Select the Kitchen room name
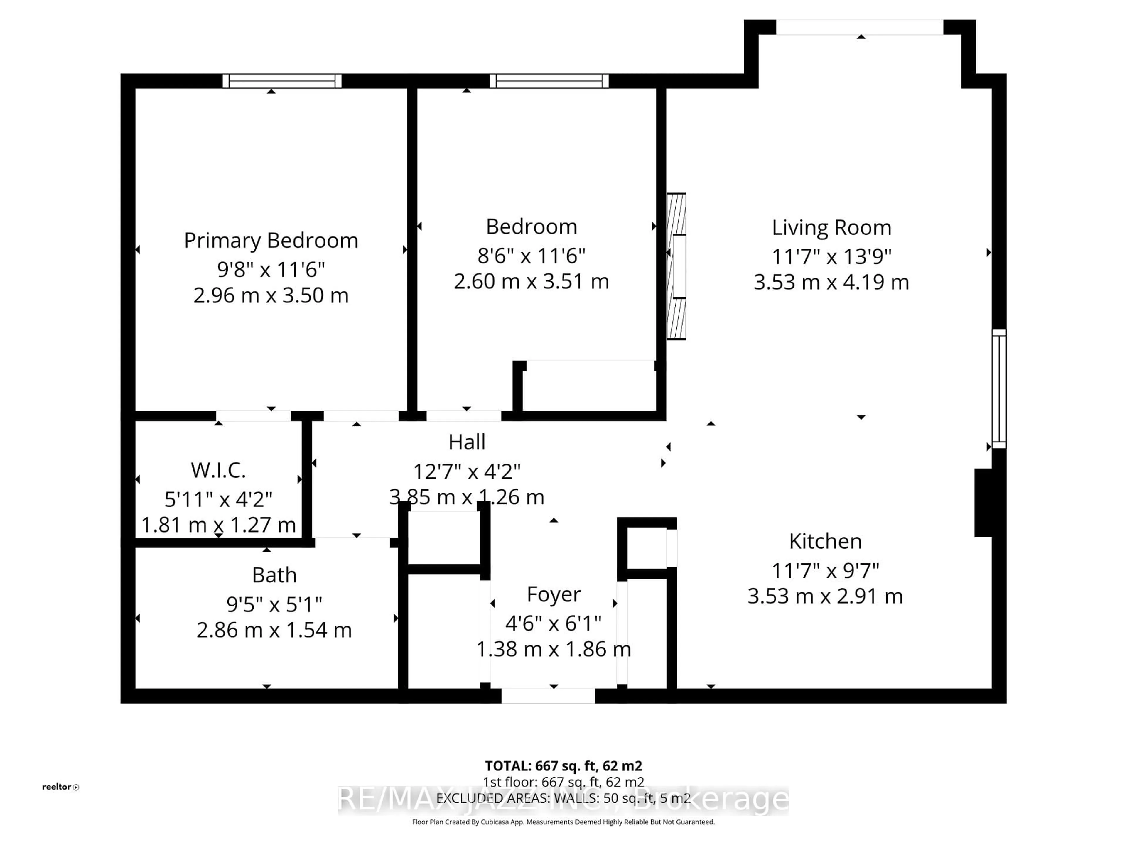pyautogui.click(x=825, y=541)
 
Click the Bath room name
pyautogui.click(x=274, y=575)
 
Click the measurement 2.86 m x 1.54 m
pyautogui.click(x=274, y=630)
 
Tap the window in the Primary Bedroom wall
pyautogui.click(x=282, y=81)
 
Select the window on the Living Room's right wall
pyautogui.click(x=999, y=389)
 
